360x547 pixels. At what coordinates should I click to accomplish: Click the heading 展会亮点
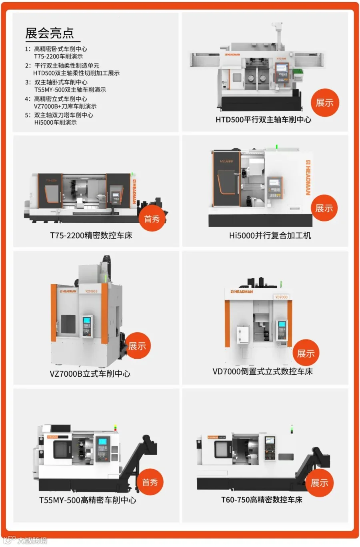coord(50,33)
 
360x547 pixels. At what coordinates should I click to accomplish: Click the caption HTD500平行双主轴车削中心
coord(263,120)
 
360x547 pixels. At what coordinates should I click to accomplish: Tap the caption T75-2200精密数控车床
coord(91,235)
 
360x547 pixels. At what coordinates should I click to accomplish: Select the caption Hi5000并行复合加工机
coord(270,235)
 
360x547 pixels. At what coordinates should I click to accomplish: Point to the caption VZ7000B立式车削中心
coord(90,373)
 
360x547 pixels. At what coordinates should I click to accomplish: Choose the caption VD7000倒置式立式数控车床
coord(262,371)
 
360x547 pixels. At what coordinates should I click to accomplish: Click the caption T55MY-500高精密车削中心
coord(88,500)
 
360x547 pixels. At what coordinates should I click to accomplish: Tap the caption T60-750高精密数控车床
coord(262,499)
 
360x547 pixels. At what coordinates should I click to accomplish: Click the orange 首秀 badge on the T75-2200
coord(152,218)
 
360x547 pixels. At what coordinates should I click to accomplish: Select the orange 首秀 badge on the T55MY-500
coord(150,482)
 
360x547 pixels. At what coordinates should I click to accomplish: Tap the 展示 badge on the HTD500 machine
coord(324,103)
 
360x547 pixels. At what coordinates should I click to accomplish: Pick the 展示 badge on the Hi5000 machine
coord(324,208)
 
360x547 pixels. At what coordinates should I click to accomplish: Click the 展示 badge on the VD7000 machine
coord(306,353)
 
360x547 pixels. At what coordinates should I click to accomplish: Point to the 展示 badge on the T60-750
coord(319,483)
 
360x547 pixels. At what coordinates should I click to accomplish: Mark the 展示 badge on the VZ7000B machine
coord(137,346)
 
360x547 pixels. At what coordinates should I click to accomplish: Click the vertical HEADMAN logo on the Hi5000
coord(308,178)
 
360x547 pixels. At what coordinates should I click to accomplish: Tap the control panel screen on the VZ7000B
coord(87,320)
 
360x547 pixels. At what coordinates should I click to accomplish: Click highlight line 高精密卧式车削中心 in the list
coord(60,49)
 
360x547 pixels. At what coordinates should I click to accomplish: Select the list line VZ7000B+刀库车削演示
coord(65,106)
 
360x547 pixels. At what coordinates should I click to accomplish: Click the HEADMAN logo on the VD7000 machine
coord(242,292)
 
